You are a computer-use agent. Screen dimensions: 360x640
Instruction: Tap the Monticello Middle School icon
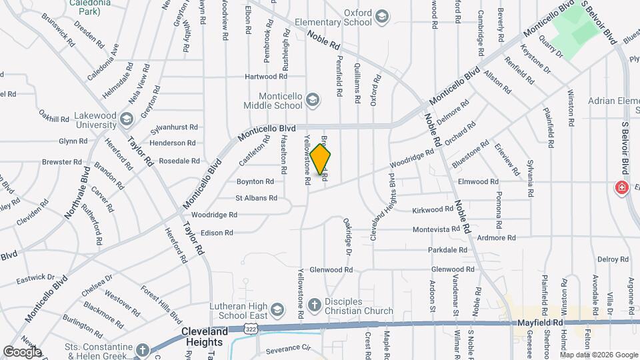[x=312, y=101]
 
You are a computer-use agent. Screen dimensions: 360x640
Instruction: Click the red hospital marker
[x=622, y=188]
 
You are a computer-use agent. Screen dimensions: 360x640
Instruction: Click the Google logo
[x=21, y=352]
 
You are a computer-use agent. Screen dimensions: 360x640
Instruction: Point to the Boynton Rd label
[x=255, y=181]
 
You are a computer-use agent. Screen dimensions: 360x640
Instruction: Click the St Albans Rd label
[x=256, y=198]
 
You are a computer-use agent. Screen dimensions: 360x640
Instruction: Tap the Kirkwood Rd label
[x=433, y=209]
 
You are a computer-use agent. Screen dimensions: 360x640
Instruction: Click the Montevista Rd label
[x=436, y=229]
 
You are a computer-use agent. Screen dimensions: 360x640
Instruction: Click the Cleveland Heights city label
[x=205, y=335]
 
